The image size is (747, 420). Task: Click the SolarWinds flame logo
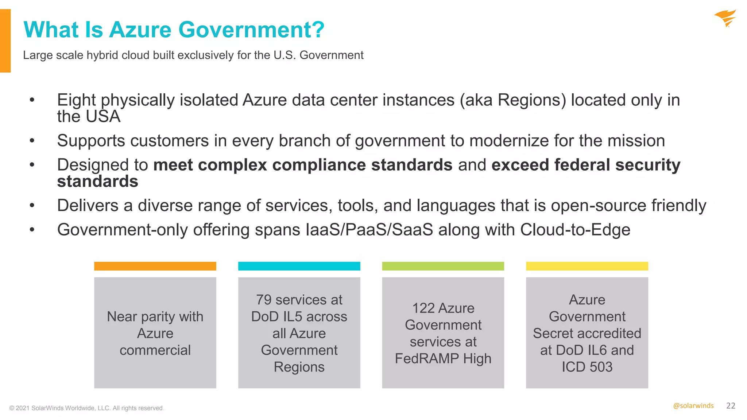tap(725, 18)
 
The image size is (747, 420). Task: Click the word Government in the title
tap(251, 30)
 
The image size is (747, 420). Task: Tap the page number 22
tap(731, 406)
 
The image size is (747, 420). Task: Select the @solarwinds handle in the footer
tap(693, 406)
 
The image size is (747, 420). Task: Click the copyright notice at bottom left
tap(87, 408)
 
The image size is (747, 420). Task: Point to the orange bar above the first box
tap(155, 266)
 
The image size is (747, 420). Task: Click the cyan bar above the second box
tap(299, 266)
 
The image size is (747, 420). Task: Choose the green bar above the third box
tap(443, 266)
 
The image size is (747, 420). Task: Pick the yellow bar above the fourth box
tap(587, 266)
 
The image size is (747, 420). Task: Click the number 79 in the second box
tap(264, 300)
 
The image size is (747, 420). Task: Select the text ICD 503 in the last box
tap(587, 367)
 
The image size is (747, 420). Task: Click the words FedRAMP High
tap(443, 358)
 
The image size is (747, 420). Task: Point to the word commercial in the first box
tap(155, 350)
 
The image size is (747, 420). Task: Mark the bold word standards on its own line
tap(98, 182)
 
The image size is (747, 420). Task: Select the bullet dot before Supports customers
tap(32, 140)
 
